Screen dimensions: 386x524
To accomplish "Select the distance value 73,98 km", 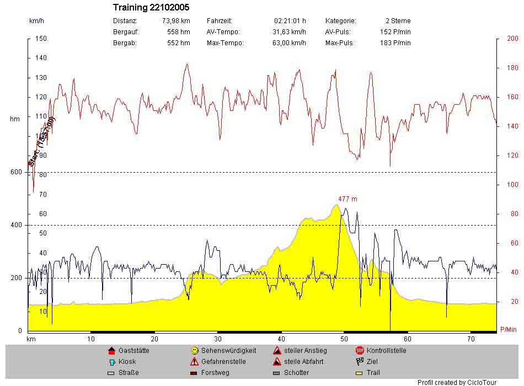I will click(x=176, y=21).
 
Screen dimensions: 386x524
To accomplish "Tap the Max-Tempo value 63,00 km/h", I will click(x=289, y=43).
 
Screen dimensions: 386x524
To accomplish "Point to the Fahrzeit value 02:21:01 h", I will click(x=290, y=21).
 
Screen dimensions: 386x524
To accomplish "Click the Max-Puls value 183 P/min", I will click(x=395, y=43).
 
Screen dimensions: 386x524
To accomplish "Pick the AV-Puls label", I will click(x=338, y=32).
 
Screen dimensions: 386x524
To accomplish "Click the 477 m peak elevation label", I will click(x=347, y=199).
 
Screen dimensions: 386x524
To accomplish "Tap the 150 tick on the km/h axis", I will click(x=41, y=39).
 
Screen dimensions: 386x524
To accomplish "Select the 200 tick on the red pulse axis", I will click(x=512, y=39).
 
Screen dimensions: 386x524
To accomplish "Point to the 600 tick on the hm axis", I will click(x=15, y=172).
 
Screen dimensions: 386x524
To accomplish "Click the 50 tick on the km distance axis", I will click(x=344, y=339).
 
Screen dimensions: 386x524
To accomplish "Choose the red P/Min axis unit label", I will click(x=508, y=330).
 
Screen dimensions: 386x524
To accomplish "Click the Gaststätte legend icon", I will click(x=111, y=351).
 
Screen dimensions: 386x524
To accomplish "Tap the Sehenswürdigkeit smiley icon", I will click(x=194, y=351).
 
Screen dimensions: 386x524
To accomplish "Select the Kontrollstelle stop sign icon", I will click(x=360, y=351).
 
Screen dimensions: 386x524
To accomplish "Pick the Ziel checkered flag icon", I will click(x=360, y=362).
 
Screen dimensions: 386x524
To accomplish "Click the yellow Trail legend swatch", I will click(x=360, y=373).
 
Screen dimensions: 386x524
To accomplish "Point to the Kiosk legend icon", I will click(x=111, y=362).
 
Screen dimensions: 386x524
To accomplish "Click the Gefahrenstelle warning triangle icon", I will click(x=194, y=362).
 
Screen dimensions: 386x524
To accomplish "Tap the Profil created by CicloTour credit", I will click(x=457, y=382).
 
